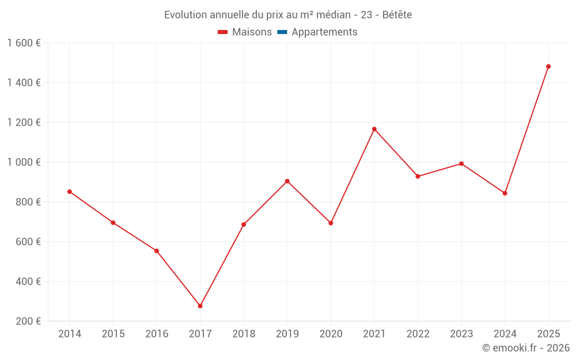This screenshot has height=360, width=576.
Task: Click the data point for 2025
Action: coord(548,66)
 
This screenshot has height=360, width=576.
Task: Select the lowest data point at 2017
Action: coord(200,306)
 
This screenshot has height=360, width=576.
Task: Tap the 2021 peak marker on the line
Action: coord(374,129)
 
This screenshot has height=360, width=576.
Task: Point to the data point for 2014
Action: coord(70,191)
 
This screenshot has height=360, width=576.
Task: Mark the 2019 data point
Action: coord(287,181)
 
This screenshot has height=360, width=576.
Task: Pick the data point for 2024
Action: coord(505,193)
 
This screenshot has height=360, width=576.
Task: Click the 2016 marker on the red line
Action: coord(157,251)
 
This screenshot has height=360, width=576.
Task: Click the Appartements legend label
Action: coord(324,32)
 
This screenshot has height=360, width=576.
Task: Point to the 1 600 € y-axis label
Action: coord(24,43)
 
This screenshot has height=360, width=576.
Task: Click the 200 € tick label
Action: coord(28,321)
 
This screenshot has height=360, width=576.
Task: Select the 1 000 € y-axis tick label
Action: coord(24,162)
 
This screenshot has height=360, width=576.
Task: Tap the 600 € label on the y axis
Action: coord(28,242)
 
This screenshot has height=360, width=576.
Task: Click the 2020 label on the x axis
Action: coord(331,334)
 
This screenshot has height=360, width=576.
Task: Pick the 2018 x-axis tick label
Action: coord(244,334)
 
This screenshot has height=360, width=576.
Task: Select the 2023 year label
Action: coord(461,334)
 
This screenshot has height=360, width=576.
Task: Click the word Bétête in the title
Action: coord(397,15)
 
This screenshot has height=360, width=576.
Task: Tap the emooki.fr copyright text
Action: coord(526,348)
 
